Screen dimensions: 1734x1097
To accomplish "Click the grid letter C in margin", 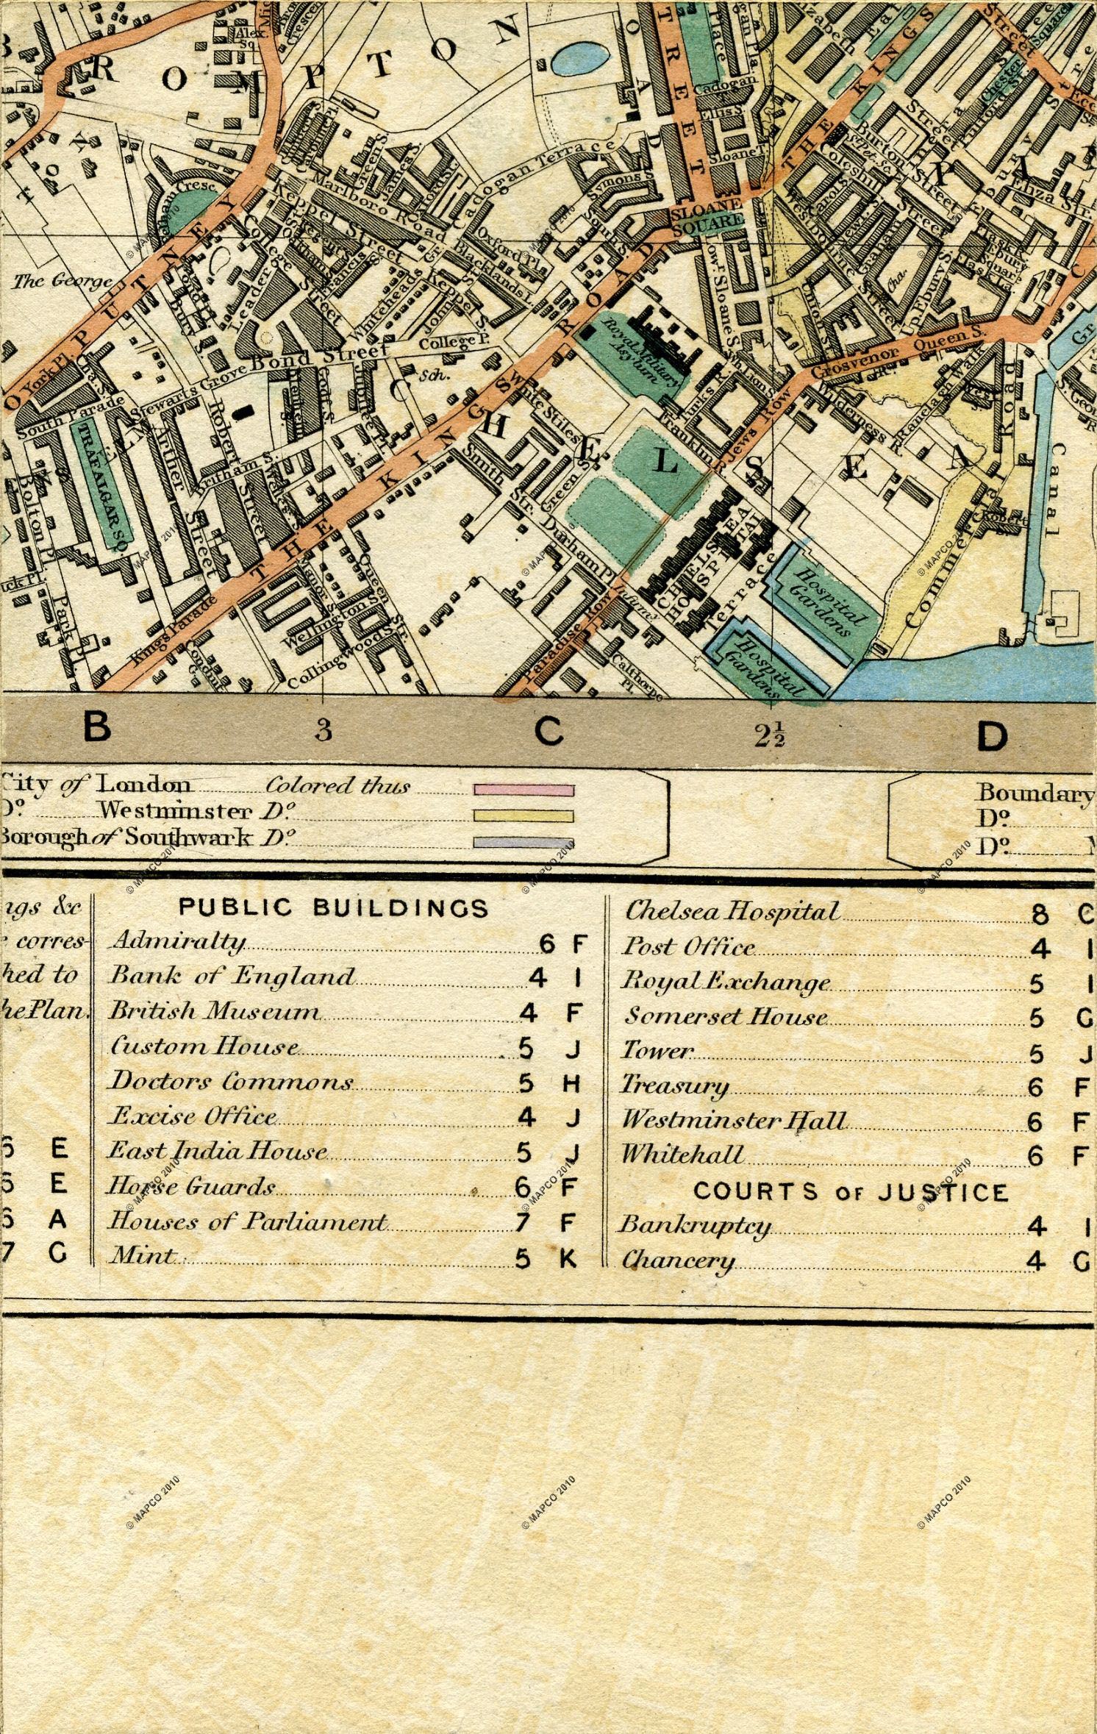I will coord(548,732).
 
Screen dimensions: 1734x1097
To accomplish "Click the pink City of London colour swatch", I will coord(524,790).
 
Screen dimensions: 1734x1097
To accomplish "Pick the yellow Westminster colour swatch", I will coord(524,816).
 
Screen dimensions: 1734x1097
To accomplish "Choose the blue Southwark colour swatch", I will coord(524,842).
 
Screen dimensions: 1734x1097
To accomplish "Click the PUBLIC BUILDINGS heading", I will coord(335,908).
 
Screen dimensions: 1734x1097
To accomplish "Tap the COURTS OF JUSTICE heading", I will coord(851,1192).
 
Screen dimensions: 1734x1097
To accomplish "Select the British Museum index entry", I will coord(215,1012).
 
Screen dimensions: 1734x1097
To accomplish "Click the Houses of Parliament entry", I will coord(248,1222).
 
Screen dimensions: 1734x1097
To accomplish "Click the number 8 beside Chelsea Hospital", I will coord(1039,914).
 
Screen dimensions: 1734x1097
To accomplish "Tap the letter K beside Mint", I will coord(568,1260).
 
